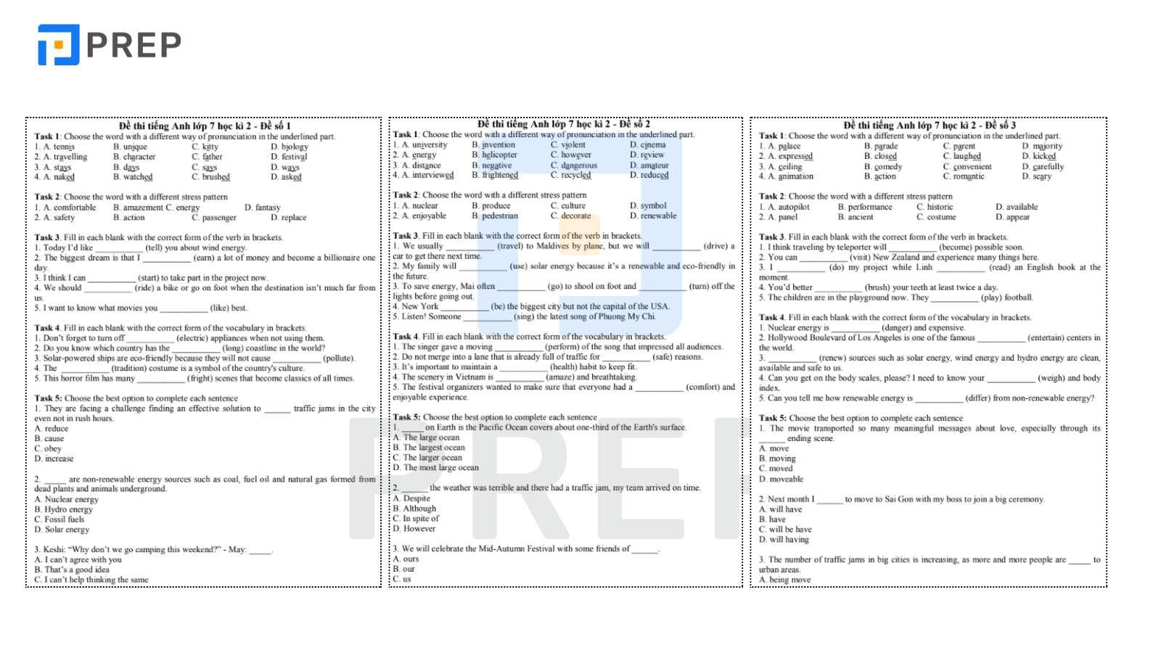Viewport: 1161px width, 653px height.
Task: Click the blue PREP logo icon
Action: (58, 45)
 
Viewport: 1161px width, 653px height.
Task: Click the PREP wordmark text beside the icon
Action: (134, 45)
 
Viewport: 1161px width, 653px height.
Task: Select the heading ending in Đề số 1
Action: (205, 126)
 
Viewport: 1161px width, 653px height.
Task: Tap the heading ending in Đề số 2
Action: (564, 124)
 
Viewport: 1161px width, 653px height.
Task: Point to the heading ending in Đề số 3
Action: (930, 125)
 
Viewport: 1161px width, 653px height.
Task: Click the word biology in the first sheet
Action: (295, 147)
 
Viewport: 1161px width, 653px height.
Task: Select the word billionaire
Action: (342, 258)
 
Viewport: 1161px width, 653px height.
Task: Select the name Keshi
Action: (54, 549)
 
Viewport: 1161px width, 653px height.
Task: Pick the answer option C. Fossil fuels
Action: (60, 519)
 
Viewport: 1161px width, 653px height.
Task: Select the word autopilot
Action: (793, 207)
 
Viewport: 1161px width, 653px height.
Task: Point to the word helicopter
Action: (499, 155)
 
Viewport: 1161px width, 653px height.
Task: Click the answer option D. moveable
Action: (781, 479)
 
